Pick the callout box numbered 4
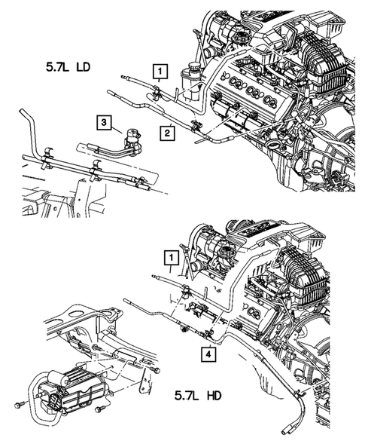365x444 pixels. point(207,353)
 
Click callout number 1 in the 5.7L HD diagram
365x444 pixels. point(172,261)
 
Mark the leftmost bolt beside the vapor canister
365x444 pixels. point(17,406)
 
